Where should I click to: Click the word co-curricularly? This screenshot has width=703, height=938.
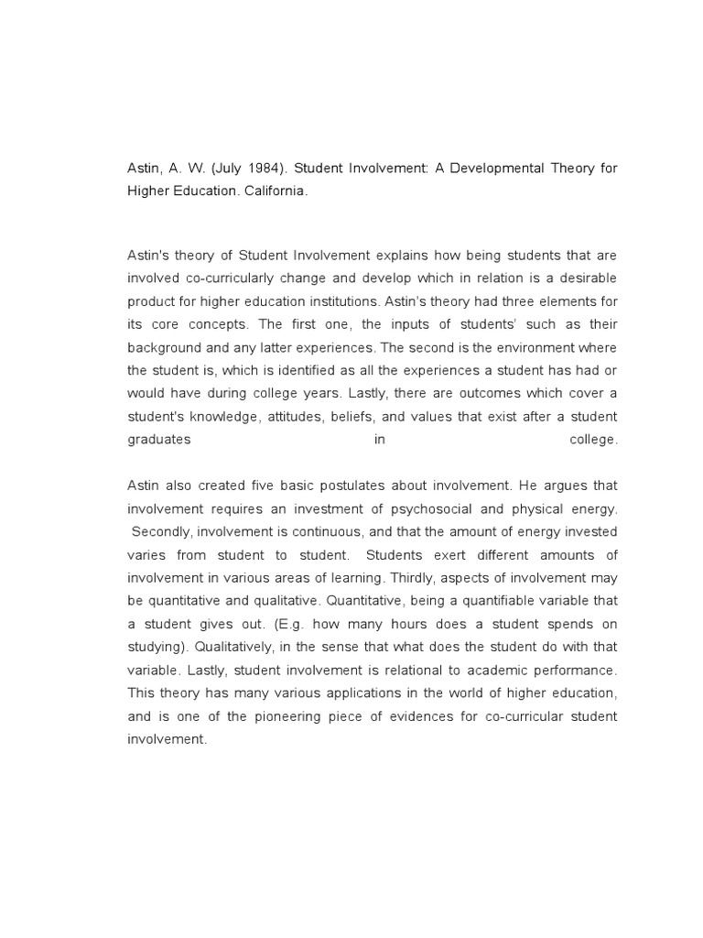tap(228, 278)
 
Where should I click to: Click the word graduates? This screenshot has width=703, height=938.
tap(159, 440)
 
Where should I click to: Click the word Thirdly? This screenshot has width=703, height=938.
tap(412, 578)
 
